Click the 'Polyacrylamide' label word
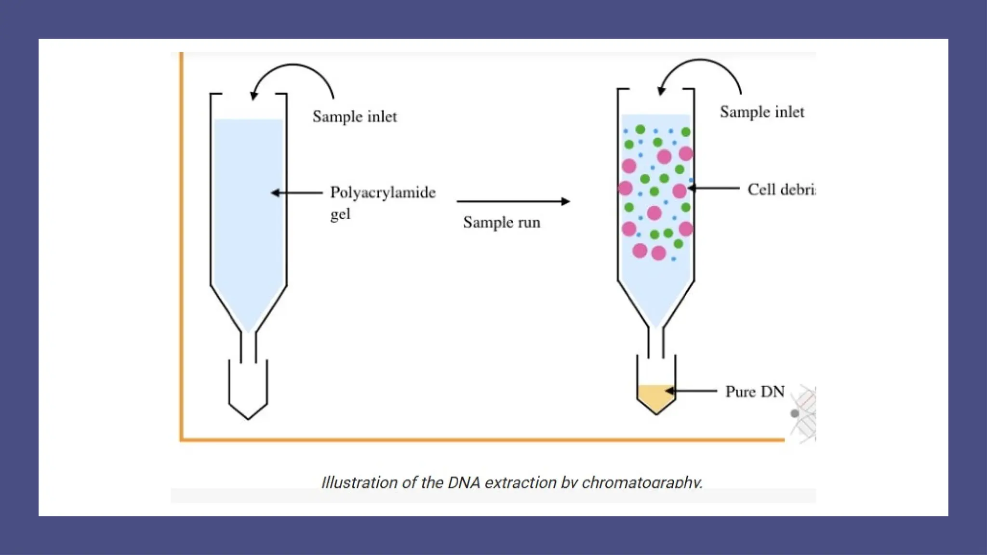pyautogui.click(x=383, y=193)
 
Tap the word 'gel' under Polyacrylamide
pyautogui.click(x=340, y=214)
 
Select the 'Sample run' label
pyautogui.click(x=501, y=223)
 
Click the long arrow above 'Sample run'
pyautogui.click(x=513, y=201)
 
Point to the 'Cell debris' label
pyautogui.click(x=781, y=189)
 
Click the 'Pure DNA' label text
pyautogui.click(x=755, y=391)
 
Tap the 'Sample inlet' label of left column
pyautogui.click(x=355, y=117)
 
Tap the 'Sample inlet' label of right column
pyautogui.click(x=762, y=112)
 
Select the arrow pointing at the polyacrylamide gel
pyautogui.click(x=296, y=193)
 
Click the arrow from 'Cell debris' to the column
pyautogui.click(x=714, y=188)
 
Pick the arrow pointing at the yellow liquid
pyautogui.click(x=692, y=391)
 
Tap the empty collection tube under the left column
pyautogui.click(x=248, y=390)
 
